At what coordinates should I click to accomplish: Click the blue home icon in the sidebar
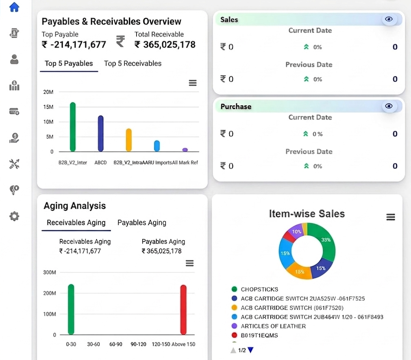14,7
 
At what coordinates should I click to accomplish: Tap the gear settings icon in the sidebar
14,216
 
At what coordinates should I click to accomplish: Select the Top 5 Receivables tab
133,63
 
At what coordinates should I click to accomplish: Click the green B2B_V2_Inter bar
73,127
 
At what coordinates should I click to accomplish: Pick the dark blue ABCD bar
101,133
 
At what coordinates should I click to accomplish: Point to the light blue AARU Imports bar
157,146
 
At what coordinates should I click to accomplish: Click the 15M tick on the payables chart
48,107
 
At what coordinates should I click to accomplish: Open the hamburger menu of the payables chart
193,83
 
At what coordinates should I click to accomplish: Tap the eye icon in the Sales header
389,19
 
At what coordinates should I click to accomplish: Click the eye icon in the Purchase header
389,106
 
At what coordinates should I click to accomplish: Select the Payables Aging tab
142,223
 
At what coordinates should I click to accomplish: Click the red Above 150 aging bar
183,310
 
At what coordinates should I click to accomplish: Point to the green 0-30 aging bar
71,310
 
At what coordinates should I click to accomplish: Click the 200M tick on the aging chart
50,293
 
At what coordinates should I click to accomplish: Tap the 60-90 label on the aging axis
116,344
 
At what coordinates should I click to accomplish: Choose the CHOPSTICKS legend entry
255,289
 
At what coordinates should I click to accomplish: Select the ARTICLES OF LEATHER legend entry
269,326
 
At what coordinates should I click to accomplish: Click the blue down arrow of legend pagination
250,350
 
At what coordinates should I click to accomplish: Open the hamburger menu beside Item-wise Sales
391,217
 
